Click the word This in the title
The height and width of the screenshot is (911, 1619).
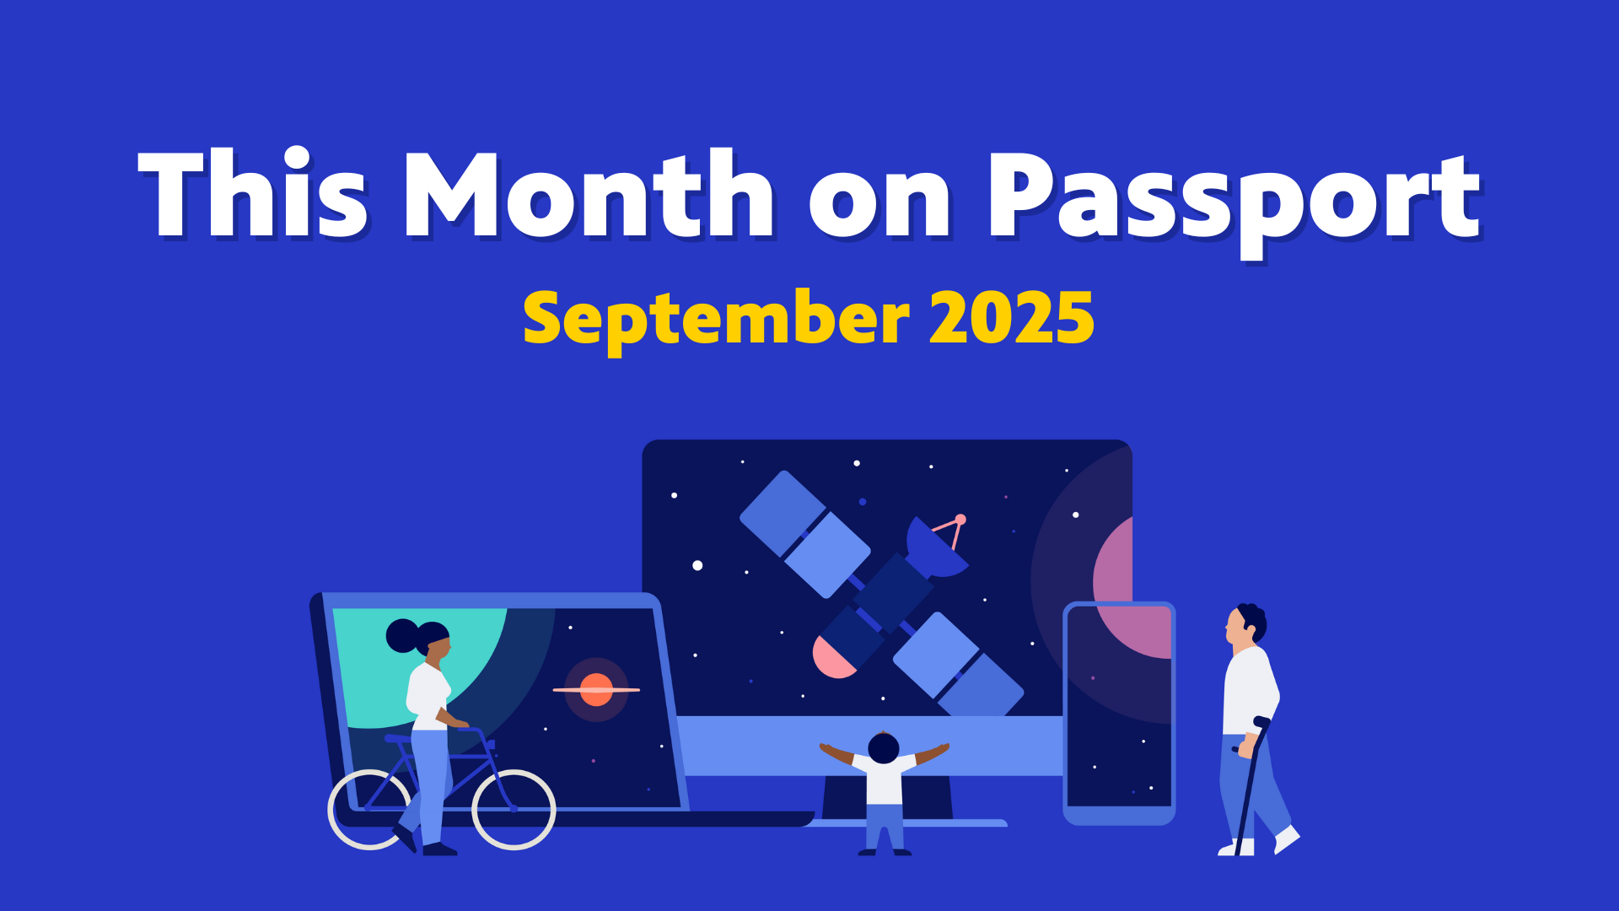pos(253,194)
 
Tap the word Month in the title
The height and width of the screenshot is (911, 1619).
pos(589,194)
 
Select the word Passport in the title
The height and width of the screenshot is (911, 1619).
pos(1234,202)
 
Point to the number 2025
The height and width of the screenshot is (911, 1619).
pos(1012,317)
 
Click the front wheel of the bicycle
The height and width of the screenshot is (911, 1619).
pos(514,809)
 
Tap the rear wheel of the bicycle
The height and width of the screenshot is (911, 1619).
pos(369,809)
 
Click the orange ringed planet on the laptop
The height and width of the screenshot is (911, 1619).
pos(596,689)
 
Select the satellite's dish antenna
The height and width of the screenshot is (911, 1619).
pos(934,548)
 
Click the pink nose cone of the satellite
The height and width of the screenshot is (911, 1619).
pos(831,658)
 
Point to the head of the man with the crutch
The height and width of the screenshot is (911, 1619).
pos(1245,626)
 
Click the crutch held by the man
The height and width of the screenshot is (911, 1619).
pos(1251,784)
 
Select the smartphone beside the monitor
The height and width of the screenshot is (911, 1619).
pos(1119,714)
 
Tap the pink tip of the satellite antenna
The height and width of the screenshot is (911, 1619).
pos(960,519)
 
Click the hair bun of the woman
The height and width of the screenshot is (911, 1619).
pos(402,636)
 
